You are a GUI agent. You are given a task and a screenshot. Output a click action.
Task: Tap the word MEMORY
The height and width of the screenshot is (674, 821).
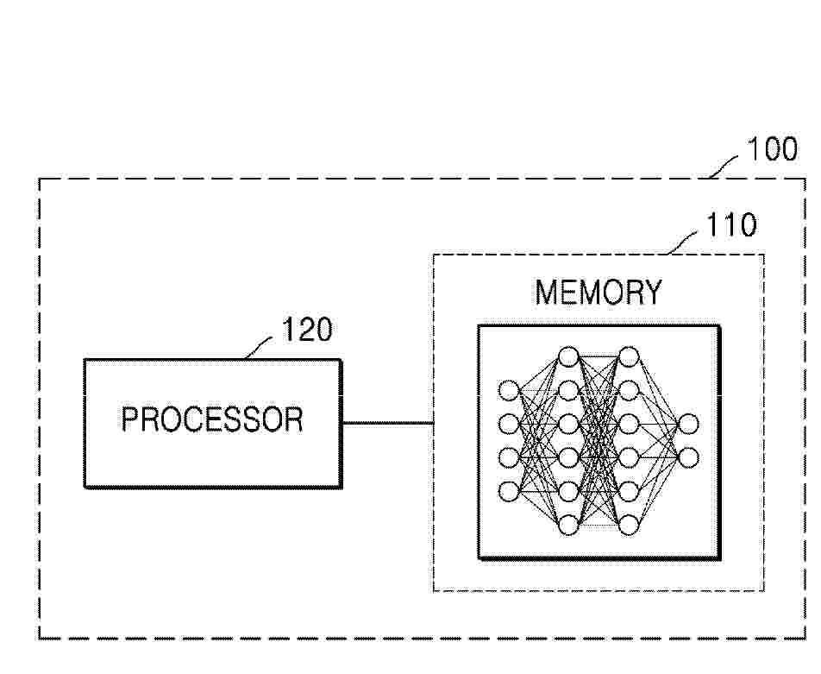click(599, 293)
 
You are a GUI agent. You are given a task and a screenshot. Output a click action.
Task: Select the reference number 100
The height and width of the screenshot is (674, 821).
click(773, 149)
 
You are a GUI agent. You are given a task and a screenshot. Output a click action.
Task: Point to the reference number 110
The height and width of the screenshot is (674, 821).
click(731, 225)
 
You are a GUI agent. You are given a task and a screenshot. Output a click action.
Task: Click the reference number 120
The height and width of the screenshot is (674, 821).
click(307, 330)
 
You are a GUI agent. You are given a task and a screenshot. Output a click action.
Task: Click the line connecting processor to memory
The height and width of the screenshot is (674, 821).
click(387, 422)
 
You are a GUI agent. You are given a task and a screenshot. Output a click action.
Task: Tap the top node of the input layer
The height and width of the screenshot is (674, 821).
click(509, 390)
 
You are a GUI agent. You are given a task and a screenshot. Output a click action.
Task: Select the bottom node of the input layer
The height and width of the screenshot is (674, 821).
click(509, 491)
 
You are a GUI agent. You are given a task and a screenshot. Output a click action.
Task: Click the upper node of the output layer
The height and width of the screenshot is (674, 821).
click(688, 424)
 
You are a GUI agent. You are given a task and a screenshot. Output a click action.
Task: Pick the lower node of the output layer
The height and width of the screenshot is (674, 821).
click(688, 457)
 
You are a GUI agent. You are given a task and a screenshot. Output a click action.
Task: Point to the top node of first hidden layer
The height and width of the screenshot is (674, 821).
click(568, 357)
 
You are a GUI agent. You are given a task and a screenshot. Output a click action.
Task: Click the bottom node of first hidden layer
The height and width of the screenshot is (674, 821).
click(568, 525)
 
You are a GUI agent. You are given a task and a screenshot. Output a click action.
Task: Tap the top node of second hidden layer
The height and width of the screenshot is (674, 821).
click(629, 357)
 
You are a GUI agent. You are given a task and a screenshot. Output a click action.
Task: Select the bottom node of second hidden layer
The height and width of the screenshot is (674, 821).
click(629, 525)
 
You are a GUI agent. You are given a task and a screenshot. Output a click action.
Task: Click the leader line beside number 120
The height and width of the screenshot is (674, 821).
click(260, 347)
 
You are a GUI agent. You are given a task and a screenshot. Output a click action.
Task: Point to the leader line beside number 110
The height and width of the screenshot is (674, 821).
click(683, 243)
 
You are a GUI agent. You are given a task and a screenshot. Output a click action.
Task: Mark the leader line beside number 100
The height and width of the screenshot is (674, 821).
click(724, 167)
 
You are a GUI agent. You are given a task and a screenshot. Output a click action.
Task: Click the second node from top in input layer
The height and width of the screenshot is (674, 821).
click(509, 424)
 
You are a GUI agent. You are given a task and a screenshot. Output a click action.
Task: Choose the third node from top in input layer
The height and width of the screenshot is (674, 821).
click(509, 457)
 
